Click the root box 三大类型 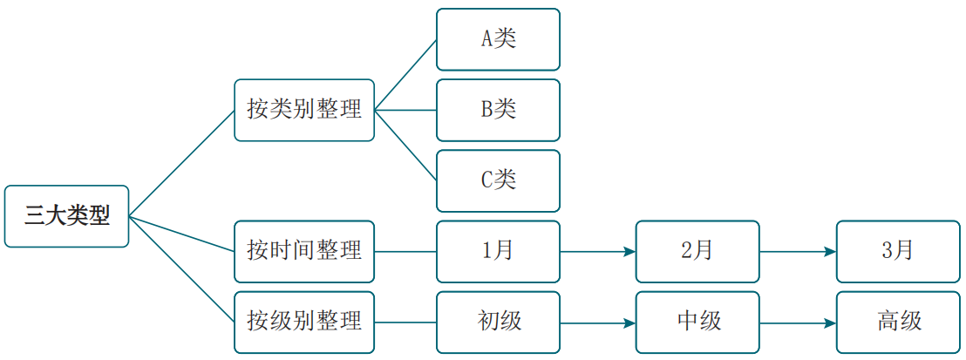(66, 216)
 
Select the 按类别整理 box (304, 111)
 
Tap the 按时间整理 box (304, 252)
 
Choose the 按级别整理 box (304, 323)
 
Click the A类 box (499, 39)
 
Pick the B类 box (499, 111)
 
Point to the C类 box (499, 180)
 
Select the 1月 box (499, 252)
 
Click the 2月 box (698, 252)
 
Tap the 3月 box (898, 252)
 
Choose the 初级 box (499, 323)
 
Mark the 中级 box (698, 323)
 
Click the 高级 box (898, 323)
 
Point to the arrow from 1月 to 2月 (598, 252)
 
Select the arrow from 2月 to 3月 (799, 252)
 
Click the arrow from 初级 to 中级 (598, 323)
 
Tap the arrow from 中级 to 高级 (799, 323)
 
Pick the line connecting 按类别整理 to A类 (406, 75)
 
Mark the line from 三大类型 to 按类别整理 (181, 163)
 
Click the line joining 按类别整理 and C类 (406, 146)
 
